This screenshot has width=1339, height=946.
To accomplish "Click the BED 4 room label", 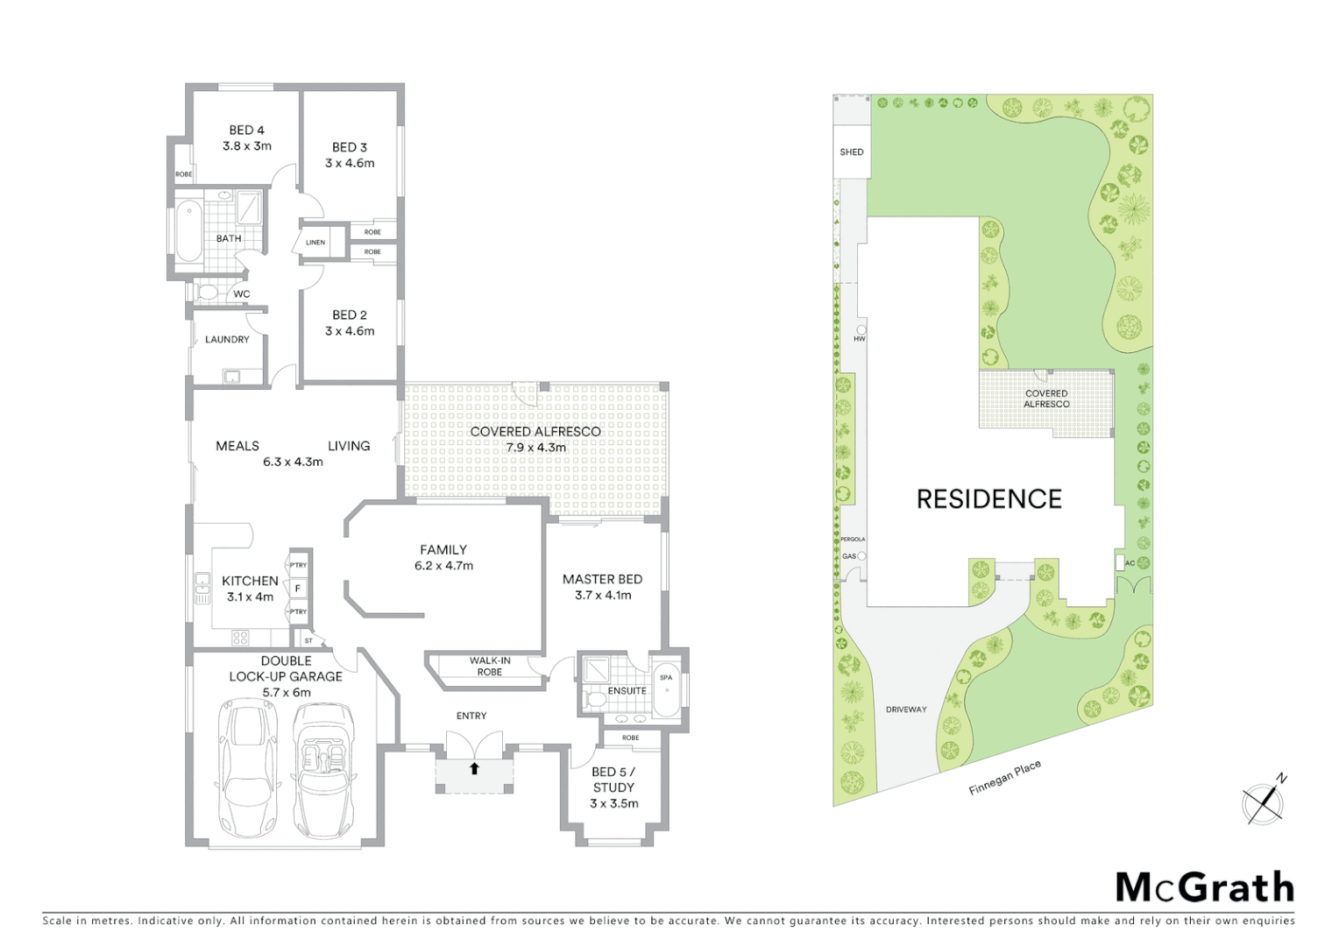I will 247,131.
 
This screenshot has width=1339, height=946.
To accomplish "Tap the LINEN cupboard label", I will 315,243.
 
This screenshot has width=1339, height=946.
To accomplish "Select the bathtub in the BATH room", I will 188,232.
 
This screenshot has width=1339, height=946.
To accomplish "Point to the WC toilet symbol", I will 207,292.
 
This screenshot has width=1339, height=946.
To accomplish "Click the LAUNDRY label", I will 227,340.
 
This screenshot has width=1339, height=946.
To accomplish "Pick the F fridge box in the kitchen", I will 298,589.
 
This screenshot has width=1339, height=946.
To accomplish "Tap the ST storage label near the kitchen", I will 308,640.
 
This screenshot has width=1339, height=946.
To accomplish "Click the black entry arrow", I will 474,769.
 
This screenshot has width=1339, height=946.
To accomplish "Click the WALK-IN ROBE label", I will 490,667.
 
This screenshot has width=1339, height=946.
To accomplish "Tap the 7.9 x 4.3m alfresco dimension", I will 535,448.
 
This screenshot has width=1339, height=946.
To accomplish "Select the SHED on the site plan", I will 851,152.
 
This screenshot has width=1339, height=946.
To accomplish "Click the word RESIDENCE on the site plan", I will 988,499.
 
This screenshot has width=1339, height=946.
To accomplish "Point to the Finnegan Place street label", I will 1004,778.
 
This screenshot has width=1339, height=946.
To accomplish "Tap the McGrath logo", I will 1204,888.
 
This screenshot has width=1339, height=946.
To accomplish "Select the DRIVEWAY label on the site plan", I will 905,709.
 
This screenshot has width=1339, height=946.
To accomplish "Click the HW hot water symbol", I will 860,333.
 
